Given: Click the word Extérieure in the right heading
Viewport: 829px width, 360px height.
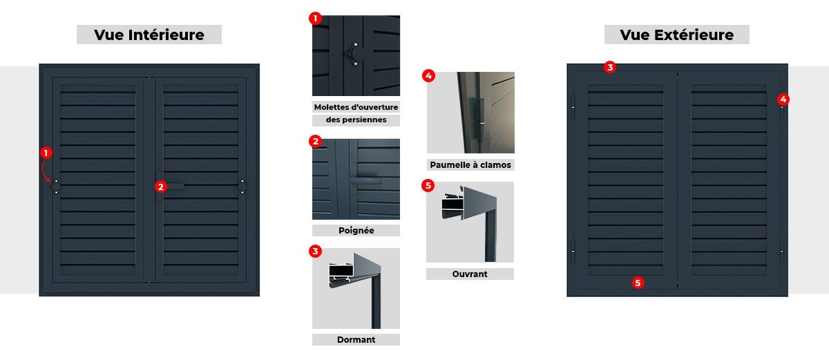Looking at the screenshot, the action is (694, 35).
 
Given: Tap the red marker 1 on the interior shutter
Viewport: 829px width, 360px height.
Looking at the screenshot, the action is (46, 153).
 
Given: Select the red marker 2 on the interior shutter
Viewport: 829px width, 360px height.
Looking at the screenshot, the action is (160, 187).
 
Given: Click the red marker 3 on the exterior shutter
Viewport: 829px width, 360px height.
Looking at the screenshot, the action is (610, 67).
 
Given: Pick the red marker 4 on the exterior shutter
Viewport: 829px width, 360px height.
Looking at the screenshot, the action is (783, 100).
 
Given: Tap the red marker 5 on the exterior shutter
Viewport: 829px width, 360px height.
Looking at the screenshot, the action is (638, 283).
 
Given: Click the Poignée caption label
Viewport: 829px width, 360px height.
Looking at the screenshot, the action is (356, 231).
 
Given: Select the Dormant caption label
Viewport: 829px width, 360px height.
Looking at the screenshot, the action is (356, 340).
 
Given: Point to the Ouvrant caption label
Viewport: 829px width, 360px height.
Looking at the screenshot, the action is (470, 274).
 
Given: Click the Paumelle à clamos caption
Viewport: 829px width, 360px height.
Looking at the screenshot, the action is (470, 165).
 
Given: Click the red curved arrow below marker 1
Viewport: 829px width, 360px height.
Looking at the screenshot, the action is (45, 173).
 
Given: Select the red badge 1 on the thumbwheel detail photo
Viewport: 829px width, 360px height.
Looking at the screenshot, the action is (315, 18).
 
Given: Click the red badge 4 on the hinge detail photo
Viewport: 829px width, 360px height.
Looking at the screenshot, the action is (428, 76).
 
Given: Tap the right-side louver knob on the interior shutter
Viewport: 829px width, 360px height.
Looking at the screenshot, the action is (242, 187).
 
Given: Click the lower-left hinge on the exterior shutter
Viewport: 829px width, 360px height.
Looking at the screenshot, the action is (573, 252).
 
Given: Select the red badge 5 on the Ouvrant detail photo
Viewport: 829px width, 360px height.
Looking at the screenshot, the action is (428, 185).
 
